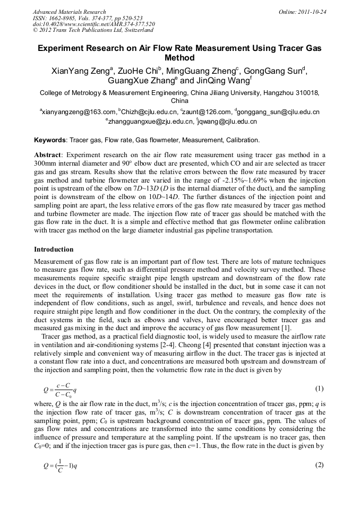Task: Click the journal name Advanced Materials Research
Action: click(69, 11)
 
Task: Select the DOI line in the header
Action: click(93, 24)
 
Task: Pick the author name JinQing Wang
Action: click(219, 81)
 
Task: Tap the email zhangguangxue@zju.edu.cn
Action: click(150, 122)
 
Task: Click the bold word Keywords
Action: click(50, 140)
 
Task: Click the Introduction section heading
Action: click(54, 249)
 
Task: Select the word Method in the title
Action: click(180, 58)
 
